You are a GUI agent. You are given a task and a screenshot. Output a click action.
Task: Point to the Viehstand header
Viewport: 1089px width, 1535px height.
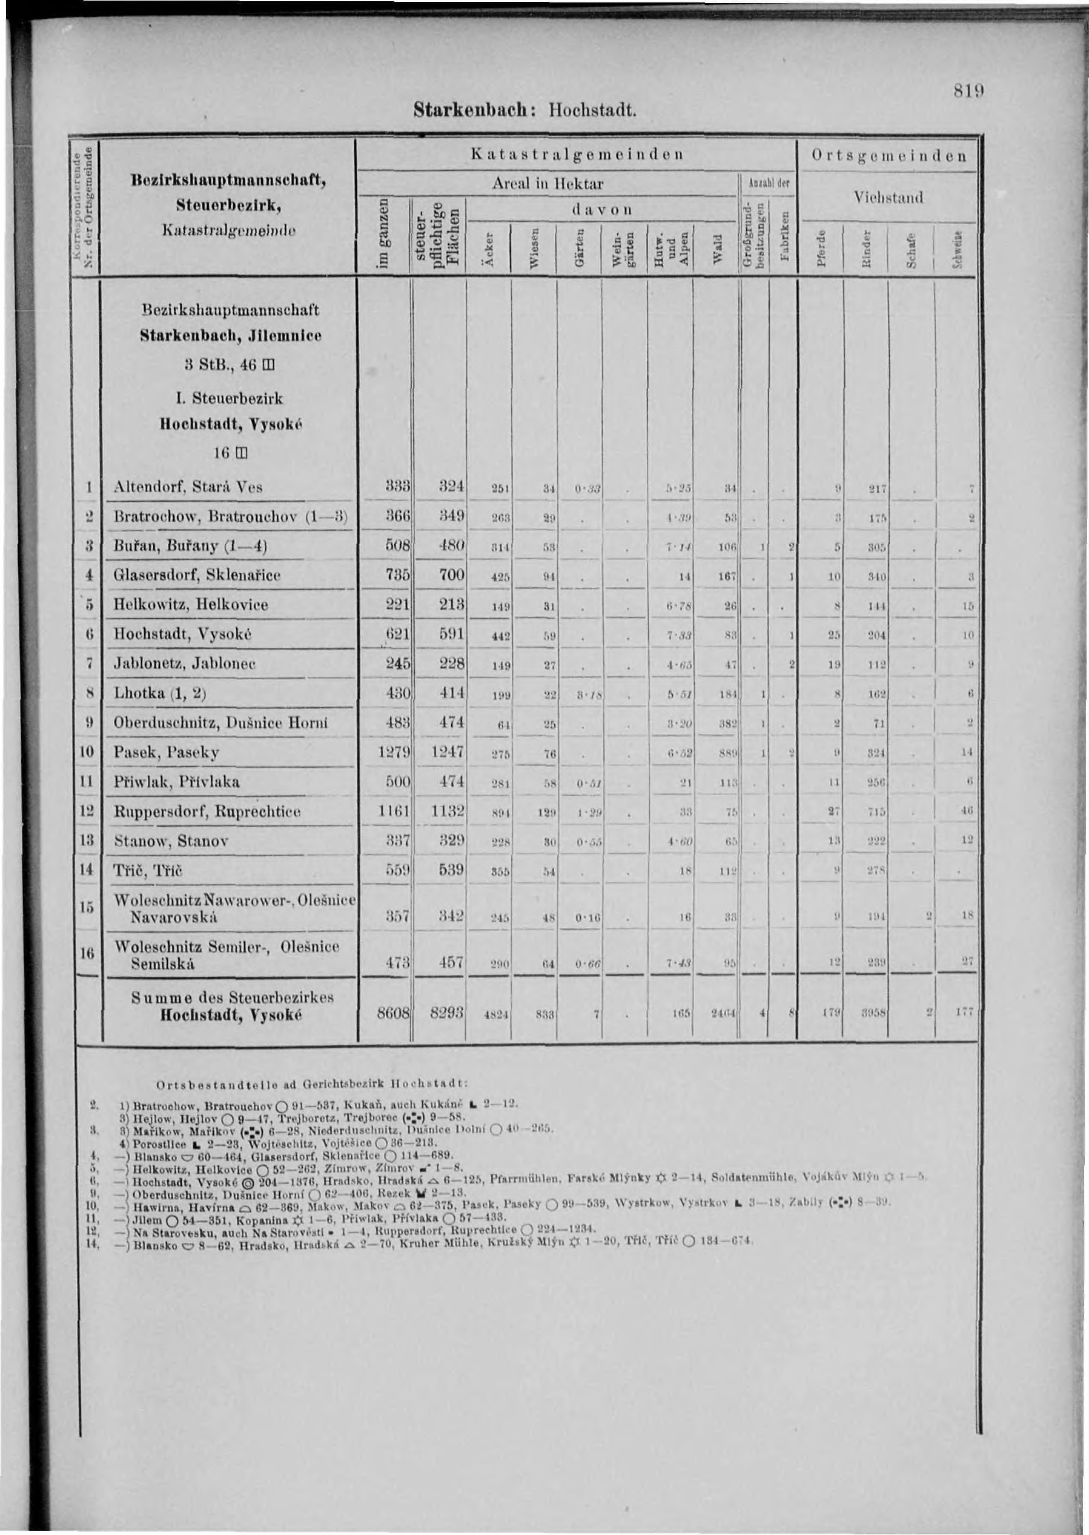(889, 197)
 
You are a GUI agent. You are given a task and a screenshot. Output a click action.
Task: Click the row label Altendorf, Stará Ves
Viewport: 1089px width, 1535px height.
(188, 487)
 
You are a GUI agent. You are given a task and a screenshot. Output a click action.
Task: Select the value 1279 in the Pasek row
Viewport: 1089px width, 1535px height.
(392, 752)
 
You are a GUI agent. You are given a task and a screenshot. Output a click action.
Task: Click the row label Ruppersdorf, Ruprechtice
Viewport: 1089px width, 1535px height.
(207, 811)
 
